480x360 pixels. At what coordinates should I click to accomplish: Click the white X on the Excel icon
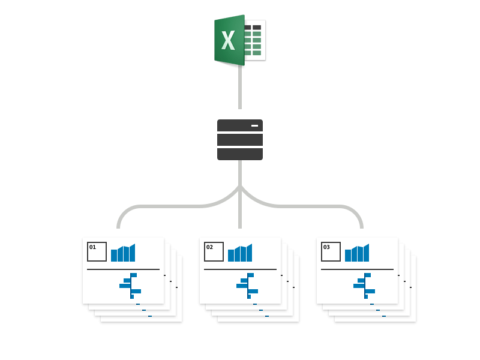(228, 41)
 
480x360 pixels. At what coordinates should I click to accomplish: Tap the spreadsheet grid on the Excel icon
(256, 40)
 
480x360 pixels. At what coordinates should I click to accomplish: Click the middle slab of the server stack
(239, 140)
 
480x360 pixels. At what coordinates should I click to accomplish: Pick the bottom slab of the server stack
(239, 154)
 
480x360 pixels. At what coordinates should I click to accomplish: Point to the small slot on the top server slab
(254, 125)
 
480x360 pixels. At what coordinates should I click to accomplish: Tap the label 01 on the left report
(92, 247)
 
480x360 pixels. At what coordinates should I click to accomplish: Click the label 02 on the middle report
(209, 247)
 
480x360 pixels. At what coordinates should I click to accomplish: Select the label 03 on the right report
(326, 247)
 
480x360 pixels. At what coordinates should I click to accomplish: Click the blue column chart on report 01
(123, 254)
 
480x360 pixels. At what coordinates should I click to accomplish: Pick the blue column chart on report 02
(240, 254)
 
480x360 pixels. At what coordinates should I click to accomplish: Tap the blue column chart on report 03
(357, 254)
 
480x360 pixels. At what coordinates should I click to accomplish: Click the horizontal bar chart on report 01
(131, 286)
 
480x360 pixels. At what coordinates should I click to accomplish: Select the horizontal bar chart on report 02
(248, 286)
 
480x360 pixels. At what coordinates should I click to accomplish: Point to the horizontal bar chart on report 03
(365, 286)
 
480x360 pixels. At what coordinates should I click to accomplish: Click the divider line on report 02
(240, 269)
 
